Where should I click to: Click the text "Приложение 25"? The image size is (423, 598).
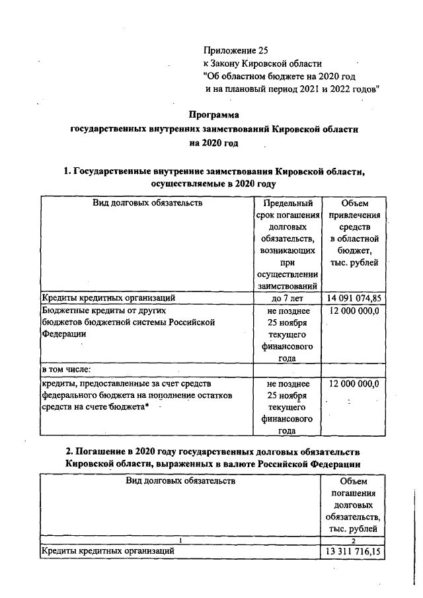click(237, 50)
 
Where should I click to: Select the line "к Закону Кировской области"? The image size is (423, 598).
click(262, 63)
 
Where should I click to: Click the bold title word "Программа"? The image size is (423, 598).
click(213, 114)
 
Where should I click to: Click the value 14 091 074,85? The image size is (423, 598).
click(355, 298)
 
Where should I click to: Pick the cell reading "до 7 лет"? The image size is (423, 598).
click(286, 298)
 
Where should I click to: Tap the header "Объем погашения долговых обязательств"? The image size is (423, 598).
click(355, 505)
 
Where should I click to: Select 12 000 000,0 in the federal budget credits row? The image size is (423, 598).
click(355, 383)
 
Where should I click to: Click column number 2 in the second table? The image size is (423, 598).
click(355, 539)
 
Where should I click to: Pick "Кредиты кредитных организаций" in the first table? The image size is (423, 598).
click(108, 298)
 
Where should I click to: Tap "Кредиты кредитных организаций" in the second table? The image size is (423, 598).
click(108, 550)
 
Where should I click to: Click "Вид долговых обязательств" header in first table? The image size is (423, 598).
click(147, 203)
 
